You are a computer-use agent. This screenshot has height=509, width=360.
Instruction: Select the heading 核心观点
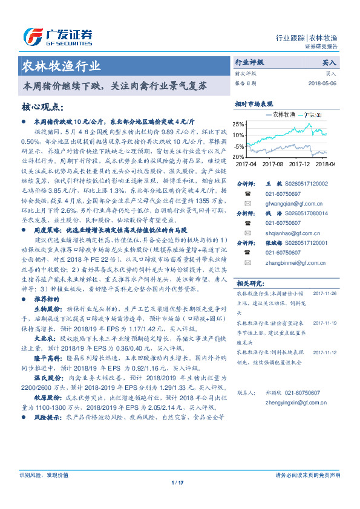tap(42, 107)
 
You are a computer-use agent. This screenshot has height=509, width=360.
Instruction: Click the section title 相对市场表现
tap(254, 104)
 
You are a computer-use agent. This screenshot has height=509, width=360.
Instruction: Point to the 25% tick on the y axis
tap(239, 124)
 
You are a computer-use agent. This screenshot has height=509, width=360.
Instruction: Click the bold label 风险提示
tap(44, 417)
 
